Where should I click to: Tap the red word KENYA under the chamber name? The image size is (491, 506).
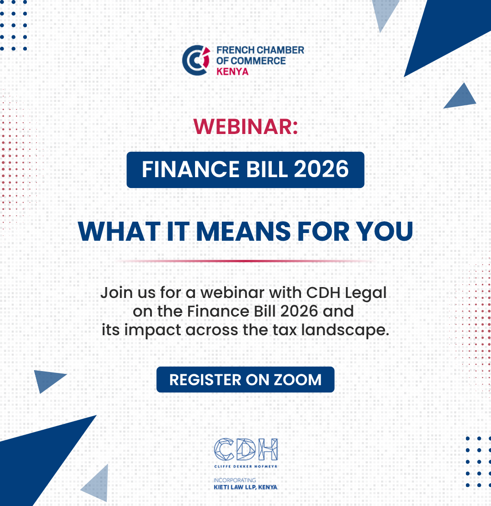point(232,72)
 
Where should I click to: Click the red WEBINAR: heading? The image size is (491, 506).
point(245,126)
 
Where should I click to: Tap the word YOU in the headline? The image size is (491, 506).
point(385,231)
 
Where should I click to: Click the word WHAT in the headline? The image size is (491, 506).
point(119,231)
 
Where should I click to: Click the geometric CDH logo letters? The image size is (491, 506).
point(246,449)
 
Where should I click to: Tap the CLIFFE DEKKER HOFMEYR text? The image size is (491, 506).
point(246,466)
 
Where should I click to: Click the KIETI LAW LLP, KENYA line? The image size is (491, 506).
point(245,487)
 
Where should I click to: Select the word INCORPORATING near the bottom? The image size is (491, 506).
point(235,480)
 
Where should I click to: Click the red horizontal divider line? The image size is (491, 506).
point(245,261)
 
